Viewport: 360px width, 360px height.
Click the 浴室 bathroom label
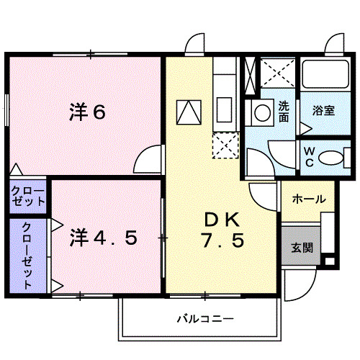323,111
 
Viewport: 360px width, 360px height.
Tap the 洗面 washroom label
284,112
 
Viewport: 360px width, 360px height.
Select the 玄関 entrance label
301,248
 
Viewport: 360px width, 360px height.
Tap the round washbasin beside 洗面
259,113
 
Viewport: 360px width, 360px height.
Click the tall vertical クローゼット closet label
27,256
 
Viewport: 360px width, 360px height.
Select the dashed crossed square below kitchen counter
225,145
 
